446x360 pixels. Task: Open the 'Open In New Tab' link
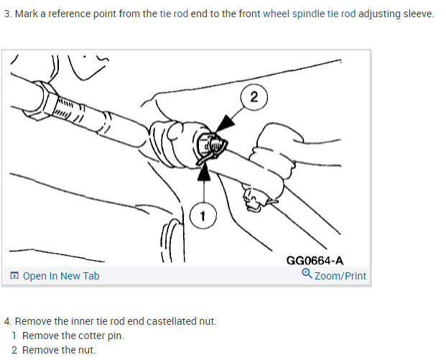[60, 276]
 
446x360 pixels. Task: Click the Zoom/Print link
[340, 276]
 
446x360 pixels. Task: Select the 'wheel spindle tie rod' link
[309, 14]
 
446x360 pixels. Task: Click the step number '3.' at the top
[7, 14]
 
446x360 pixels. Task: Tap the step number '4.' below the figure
[7, 321]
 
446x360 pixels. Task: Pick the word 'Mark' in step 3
[27, 14]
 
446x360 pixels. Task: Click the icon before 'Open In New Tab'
[14, 276]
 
